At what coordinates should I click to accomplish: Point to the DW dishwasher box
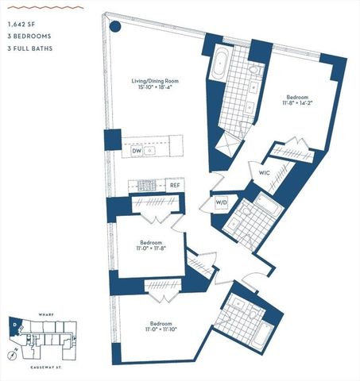pyautogui.click(x=136, y=149)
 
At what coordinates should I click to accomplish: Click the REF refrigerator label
pyautogui.click(x=175, y=185)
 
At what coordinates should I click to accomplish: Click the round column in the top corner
pyautogui.click(x=115, y=25)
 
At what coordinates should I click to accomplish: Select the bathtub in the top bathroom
pyautogui.click(x=220, y=64)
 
